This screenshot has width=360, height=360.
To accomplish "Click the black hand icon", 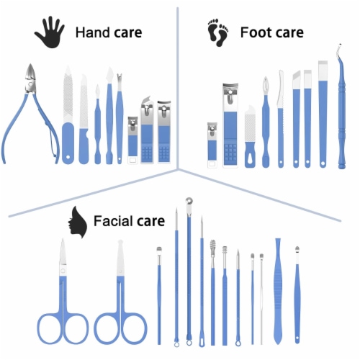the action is (x=50, y=32).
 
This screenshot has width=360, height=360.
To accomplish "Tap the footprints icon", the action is (x=218, y=32).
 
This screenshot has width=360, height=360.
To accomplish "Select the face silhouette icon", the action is (x=77, y=222).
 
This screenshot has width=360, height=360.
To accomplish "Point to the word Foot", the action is (x=254, y=32).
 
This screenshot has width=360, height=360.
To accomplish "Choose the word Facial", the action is (x=112, y=221).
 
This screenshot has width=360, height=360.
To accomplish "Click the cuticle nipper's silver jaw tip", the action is (x=30, y=65).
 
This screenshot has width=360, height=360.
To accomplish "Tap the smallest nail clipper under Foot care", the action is (x=212, y=145).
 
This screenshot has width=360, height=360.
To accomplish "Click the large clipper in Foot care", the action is (x=230, y=125).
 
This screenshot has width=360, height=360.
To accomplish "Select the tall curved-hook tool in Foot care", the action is (x=341, y=107).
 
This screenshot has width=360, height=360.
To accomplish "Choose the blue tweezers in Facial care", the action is (x=278, y=291).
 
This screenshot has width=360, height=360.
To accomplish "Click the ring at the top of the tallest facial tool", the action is (x=189, y=201).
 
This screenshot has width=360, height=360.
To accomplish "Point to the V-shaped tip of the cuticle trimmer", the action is (x=120, y=76).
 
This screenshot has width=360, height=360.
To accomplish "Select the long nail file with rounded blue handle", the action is (x=68, y=114).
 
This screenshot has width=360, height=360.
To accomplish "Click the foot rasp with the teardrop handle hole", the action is (x=250, y=136).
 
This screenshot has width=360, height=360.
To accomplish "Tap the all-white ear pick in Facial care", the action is (x=261, y=299).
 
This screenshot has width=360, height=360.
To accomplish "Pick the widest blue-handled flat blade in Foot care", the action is (x=323, y=114).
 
